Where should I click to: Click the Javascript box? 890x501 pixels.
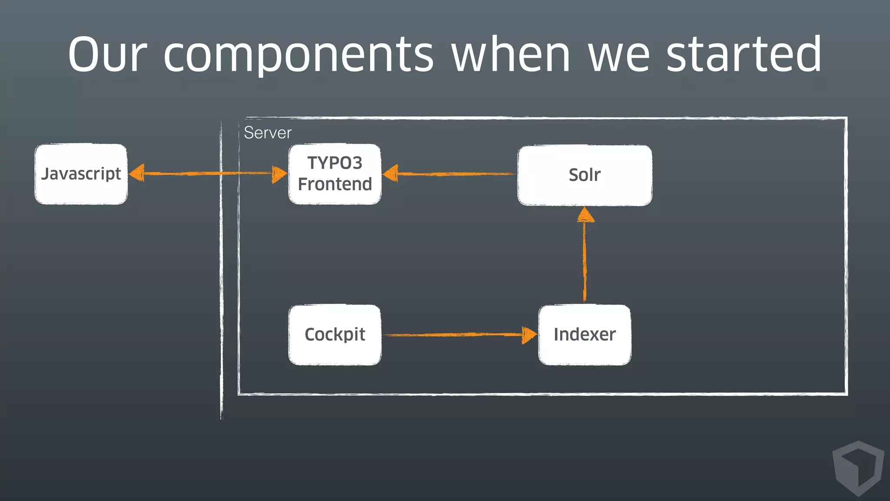coord(81,174)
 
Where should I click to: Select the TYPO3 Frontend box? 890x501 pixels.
coord(335,174)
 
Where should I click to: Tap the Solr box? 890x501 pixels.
coord(584,175)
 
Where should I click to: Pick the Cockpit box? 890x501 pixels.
coord(335,334)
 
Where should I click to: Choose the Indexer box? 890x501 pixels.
coord(584,334)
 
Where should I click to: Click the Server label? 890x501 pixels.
coord(267,133)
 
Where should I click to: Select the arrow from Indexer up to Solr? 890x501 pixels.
coord(584,261)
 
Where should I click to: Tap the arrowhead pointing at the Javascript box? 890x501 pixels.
coord(137,173)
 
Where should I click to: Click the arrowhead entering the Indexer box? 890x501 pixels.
coord(529,335)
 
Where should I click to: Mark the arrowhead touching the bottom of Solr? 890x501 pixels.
coord(585,215)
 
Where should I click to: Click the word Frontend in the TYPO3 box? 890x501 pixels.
coord(335,184)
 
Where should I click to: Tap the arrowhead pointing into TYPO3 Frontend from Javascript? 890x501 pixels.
coord(279,174)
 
